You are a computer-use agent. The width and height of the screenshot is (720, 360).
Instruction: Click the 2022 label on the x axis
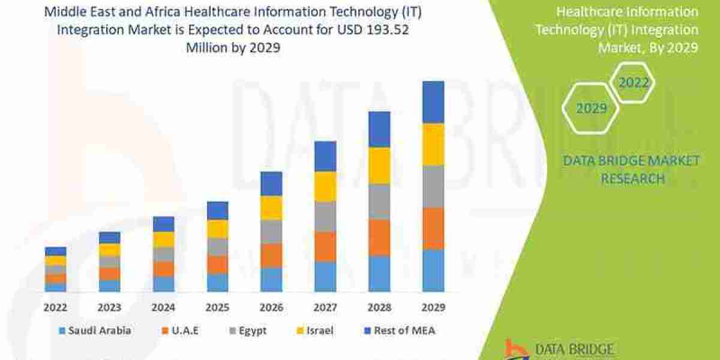click(55, 307)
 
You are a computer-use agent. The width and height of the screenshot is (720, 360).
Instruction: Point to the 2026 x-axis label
click(271, 307)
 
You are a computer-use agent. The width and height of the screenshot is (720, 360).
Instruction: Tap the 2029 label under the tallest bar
click(433, 307)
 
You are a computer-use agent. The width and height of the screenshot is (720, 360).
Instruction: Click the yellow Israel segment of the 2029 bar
click(433, 144)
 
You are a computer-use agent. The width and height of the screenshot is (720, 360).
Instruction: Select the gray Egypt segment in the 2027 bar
click(325, 216)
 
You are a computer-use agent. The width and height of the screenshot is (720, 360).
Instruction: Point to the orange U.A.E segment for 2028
click(379, 237)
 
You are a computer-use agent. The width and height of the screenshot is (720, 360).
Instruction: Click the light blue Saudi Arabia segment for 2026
click(271, 279)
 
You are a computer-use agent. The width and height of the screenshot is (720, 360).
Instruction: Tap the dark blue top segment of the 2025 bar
click(217, 211)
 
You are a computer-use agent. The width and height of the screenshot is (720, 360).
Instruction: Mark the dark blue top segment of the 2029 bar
click(433, 102)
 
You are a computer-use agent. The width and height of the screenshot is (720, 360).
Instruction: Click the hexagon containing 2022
click(634, 83)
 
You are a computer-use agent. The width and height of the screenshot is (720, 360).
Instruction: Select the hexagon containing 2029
click(592, 108)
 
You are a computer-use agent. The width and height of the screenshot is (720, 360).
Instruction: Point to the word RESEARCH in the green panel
click(632, 178)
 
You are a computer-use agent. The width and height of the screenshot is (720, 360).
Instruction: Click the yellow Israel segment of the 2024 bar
click(163, 239)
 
